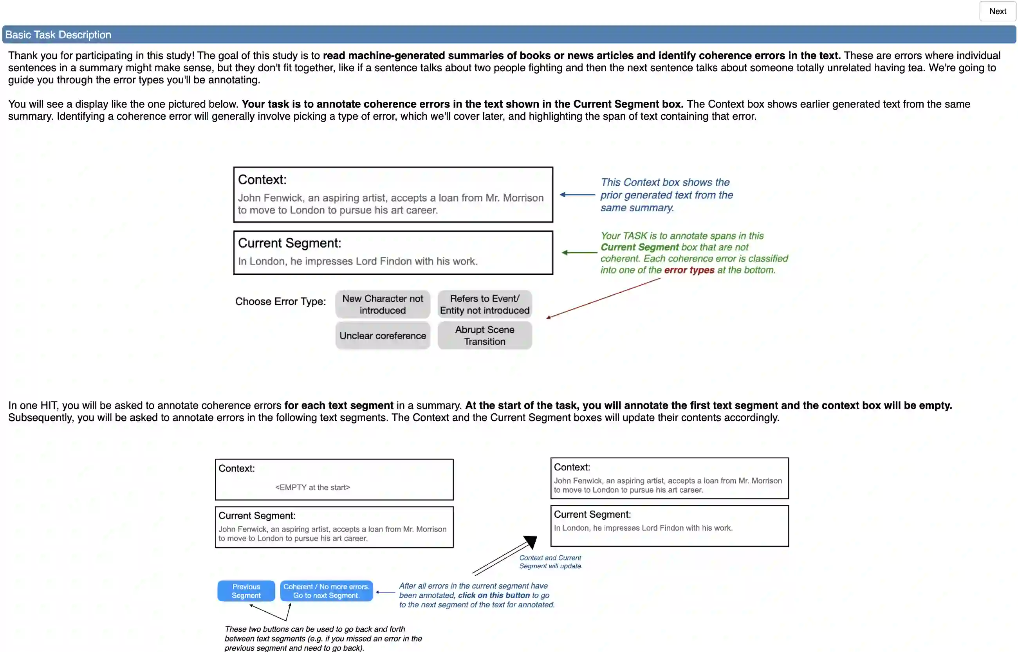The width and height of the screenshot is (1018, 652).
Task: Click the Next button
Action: click(x=997, y=11)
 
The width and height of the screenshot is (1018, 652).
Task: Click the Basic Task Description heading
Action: click(x=58, y=35)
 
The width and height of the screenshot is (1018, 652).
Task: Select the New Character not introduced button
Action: click(x=383, y=304)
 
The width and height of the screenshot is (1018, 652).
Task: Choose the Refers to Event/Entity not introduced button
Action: click(x=484, y=304)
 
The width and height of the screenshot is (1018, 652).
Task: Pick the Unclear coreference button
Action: click(x=383, y=336)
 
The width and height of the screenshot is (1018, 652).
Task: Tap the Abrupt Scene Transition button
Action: click(x=484, y=336)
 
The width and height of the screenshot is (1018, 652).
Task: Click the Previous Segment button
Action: click(x=246, y=591)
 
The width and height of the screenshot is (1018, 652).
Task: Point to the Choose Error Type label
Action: click(x=280, y=301)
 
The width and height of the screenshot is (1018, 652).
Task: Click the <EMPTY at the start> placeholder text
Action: click(x=312, y=487)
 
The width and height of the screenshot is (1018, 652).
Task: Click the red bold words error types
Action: click(x=689, y=270)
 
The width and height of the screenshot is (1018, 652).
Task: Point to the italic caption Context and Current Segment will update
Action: click(x=551, y=562)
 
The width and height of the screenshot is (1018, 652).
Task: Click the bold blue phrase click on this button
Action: click(x=494, y=595)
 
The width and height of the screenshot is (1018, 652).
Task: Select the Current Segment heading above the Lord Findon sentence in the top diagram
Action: click(x=290, y=243)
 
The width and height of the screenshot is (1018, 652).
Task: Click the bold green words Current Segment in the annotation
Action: click(x=639, y=247)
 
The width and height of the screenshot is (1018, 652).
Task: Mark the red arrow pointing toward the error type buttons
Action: click(x=603, y=298)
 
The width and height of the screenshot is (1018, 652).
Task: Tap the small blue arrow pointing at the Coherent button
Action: click(x=385, y=592)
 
